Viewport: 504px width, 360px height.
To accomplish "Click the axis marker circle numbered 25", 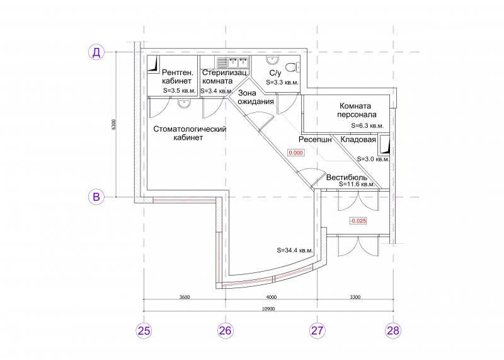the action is [144, 330].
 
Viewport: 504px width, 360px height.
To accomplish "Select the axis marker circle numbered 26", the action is [225, 330].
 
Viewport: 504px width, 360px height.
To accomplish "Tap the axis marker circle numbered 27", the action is [318, 330].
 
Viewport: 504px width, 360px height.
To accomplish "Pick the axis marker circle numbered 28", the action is [393, 330].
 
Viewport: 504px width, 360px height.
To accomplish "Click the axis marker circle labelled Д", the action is [96, 52].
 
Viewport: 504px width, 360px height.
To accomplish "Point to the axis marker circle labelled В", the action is [96, 197].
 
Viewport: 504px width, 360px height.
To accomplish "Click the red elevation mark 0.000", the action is [295, 153].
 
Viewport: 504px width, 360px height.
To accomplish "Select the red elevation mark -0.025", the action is [358, 221].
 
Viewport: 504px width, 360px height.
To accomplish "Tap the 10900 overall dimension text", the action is [268, 309].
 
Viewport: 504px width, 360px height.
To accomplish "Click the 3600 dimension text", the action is [185, 297].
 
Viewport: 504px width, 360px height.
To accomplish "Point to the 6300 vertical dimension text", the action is [113, 124].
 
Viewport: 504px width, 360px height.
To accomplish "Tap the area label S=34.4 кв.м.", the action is [295, 250].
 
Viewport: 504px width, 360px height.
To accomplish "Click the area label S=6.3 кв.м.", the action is [367, 126].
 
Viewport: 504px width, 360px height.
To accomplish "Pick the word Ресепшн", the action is [315, 139].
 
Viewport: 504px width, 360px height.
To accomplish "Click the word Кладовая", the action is [358, 139].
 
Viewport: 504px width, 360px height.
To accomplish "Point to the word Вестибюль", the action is [346, 177].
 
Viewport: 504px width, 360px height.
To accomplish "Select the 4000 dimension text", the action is [272, 297].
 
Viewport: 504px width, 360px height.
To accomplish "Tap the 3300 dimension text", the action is [355, 297].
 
